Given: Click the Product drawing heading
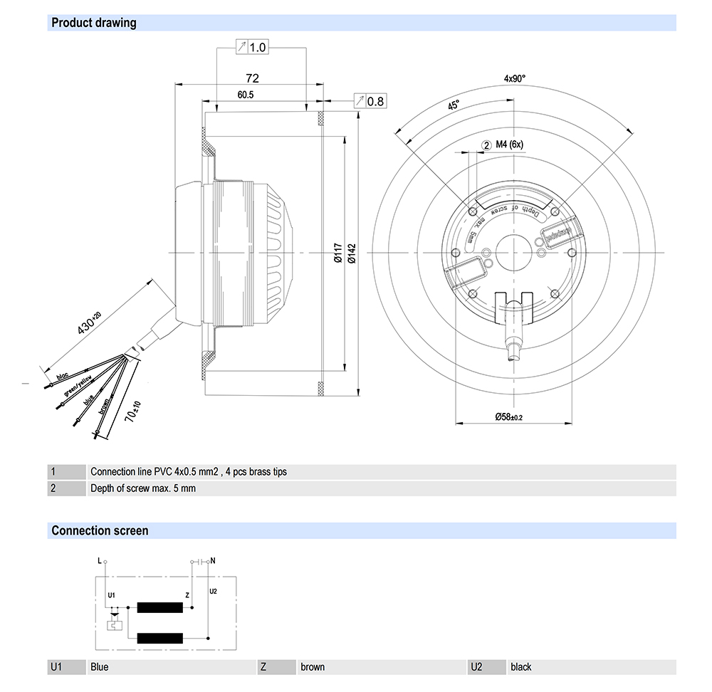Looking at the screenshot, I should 94,23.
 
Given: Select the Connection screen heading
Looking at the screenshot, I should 100,530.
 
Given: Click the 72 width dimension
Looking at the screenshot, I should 252,78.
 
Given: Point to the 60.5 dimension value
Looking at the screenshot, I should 246,95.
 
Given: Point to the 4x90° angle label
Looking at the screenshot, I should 514,79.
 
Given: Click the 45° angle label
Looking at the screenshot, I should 454,105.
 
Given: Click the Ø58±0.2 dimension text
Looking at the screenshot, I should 509,417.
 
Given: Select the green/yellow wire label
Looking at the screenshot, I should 78,385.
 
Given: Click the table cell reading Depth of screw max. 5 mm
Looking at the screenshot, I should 142,488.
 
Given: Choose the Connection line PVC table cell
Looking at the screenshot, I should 189,471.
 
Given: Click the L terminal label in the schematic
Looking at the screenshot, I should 100,561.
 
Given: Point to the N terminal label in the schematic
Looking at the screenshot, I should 213,561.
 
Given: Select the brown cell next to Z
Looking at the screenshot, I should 313,667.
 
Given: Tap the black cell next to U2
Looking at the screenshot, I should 521,667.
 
